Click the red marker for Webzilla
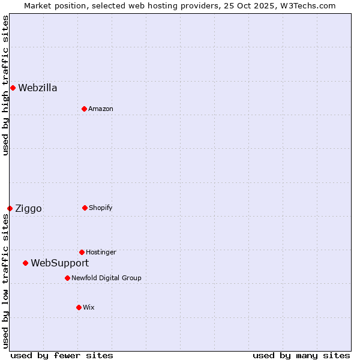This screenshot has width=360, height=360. (13, 88)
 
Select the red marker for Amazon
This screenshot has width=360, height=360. (84, 109)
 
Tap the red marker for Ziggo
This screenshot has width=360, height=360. (10, 208)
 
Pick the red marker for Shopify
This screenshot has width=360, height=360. (85, 208)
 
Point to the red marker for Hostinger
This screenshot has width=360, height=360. (82, 252)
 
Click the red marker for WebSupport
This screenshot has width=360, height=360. (25, 263)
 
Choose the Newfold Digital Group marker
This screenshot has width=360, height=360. (67, 278)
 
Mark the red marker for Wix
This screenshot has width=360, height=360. (79, 307)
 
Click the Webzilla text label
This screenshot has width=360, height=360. (38, 88)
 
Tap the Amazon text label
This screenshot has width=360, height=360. (101, 109)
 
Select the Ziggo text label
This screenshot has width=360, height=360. (28, 209)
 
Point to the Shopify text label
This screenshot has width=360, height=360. (101, 208)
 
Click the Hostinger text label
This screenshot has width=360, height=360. (101, 252)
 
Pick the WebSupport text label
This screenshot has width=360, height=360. (59, 263)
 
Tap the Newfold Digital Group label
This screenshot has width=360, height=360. (106, 278)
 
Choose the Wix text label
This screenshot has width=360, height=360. (89, 307)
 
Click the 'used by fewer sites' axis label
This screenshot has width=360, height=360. (62, 355)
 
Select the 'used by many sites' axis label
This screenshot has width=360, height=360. (301, 355)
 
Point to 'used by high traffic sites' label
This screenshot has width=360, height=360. (5, 85)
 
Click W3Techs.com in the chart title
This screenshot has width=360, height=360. (306, 5)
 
